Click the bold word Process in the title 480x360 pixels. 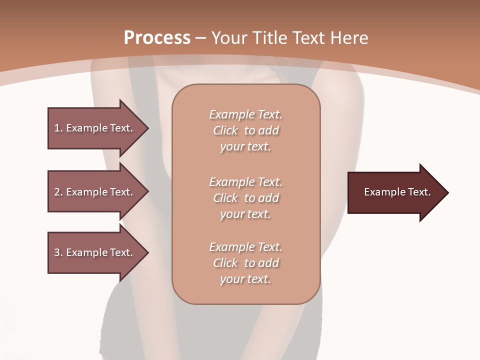pyautogui.click(x=157, y=38)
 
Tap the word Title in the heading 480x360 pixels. pyautogui.click(x=269, y=38)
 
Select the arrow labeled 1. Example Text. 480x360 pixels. pyautogui.click(x=95, y=128)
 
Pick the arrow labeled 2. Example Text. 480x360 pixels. pyautogui.click(x=95, y=192)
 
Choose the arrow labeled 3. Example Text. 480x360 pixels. pyautogui.click(x=95, y=252)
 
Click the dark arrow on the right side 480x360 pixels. pyautogui.click(x=395, y=192)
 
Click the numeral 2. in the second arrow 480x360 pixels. pyautogui.click(x=58, y=192)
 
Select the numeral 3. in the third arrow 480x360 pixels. pyautogui.click(x=58, y=252)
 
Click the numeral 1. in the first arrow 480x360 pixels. pyautogui.click(x=58, y=128)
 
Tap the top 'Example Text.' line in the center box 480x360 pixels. pyautogui.click(x=245, y=114)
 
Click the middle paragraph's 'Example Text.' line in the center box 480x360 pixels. pyautogui.click(x=245, y=181)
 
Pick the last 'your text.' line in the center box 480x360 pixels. pyautogui.click(x=245, y=279)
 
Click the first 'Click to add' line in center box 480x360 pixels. pyautogui.click(x=245, y=130)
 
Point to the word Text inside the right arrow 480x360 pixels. pyautogui.click(x=419, y=192)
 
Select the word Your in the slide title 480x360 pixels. pyautogui.click(x=229, y=38)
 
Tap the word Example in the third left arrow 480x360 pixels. pyautogui.click(x=87, y=252)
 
